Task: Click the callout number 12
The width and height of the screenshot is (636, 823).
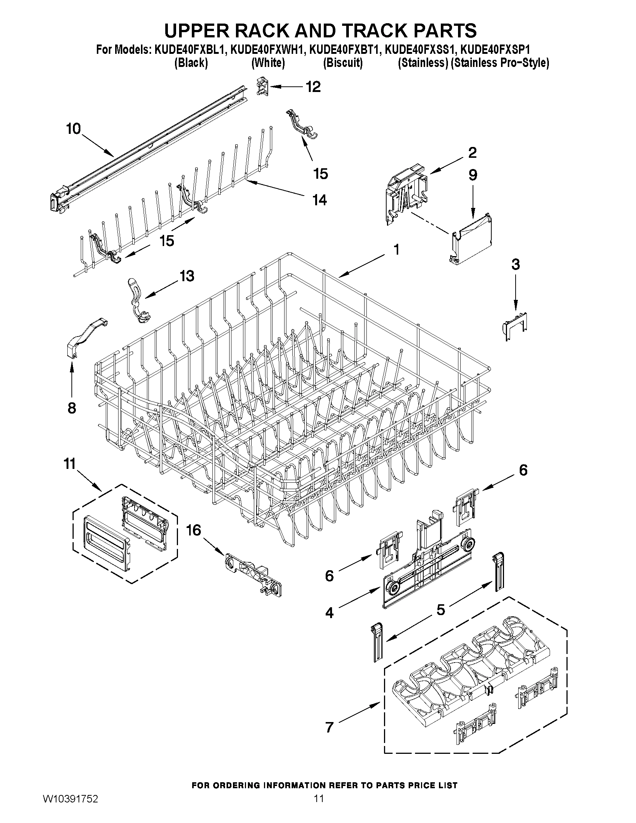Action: pos(313,87)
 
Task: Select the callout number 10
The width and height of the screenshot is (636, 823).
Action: pos(74,129)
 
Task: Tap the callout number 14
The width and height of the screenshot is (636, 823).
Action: pos(319,200)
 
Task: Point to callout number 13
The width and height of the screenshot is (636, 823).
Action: pos(187,276)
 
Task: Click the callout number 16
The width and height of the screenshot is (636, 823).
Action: pos(194,531)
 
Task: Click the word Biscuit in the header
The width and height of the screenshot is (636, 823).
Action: pos(343,62)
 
